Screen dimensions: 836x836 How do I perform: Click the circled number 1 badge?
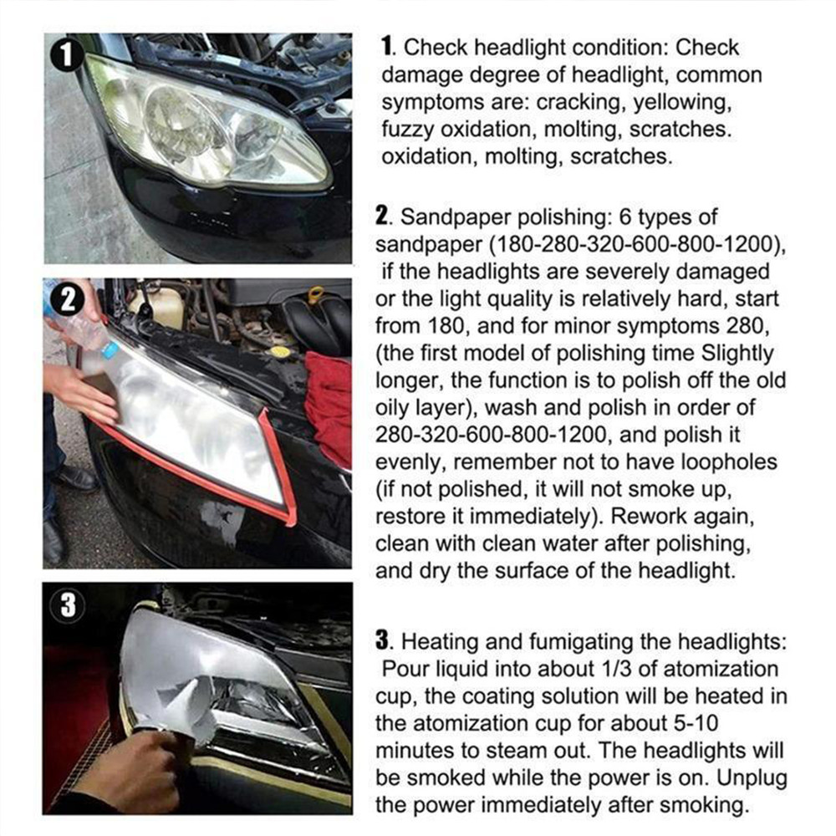(67, 56)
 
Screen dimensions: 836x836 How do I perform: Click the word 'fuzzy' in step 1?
(406, 130)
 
